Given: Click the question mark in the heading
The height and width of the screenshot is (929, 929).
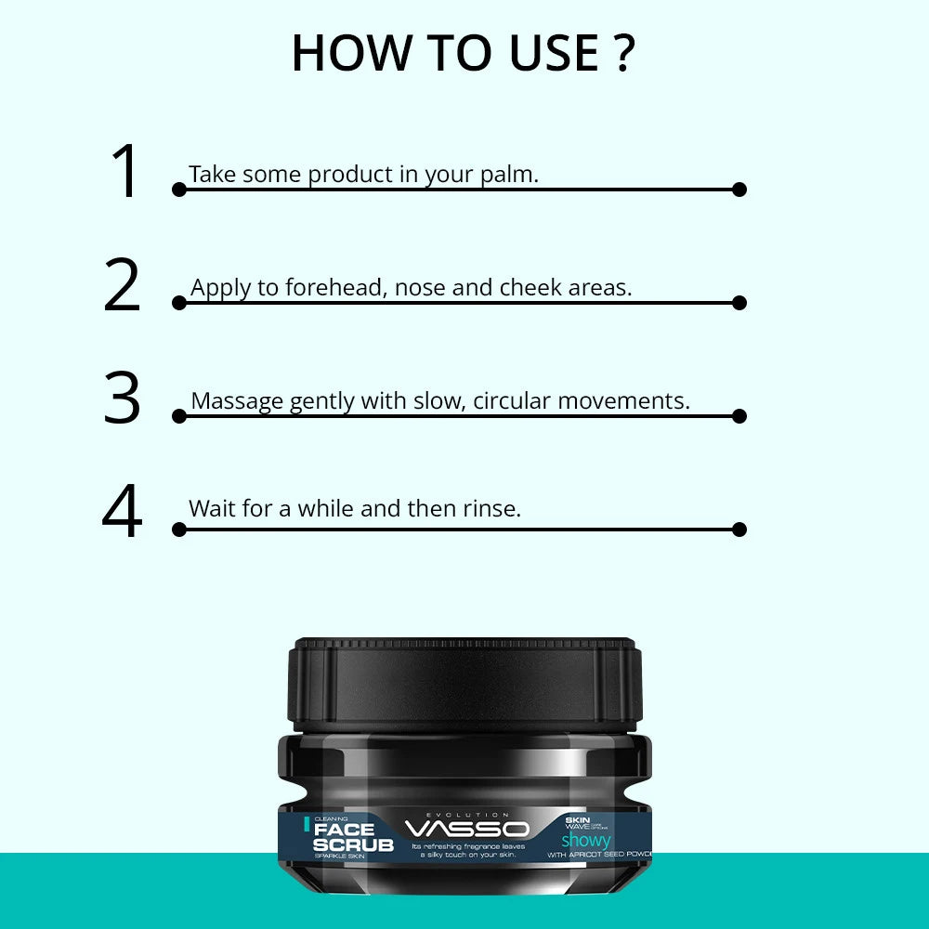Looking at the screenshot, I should pos(622,54).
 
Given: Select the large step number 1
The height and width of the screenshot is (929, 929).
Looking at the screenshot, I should pos(124,173).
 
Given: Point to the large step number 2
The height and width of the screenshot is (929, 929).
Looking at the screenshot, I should pos(122,286).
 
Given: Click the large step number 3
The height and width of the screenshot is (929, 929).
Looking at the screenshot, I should pos(122,399).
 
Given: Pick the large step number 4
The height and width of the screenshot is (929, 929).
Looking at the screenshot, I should pos(122,513).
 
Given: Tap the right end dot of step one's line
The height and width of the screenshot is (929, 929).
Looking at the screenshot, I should pos(739,190).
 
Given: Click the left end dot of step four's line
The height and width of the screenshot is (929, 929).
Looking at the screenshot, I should pos(179,530).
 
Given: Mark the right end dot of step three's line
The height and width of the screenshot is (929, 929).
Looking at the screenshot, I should pos(739,416).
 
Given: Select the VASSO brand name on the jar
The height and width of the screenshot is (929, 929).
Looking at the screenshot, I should pos(467,829).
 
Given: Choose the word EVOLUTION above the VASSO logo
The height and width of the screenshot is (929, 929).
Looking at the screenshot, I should pos(467,814).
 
